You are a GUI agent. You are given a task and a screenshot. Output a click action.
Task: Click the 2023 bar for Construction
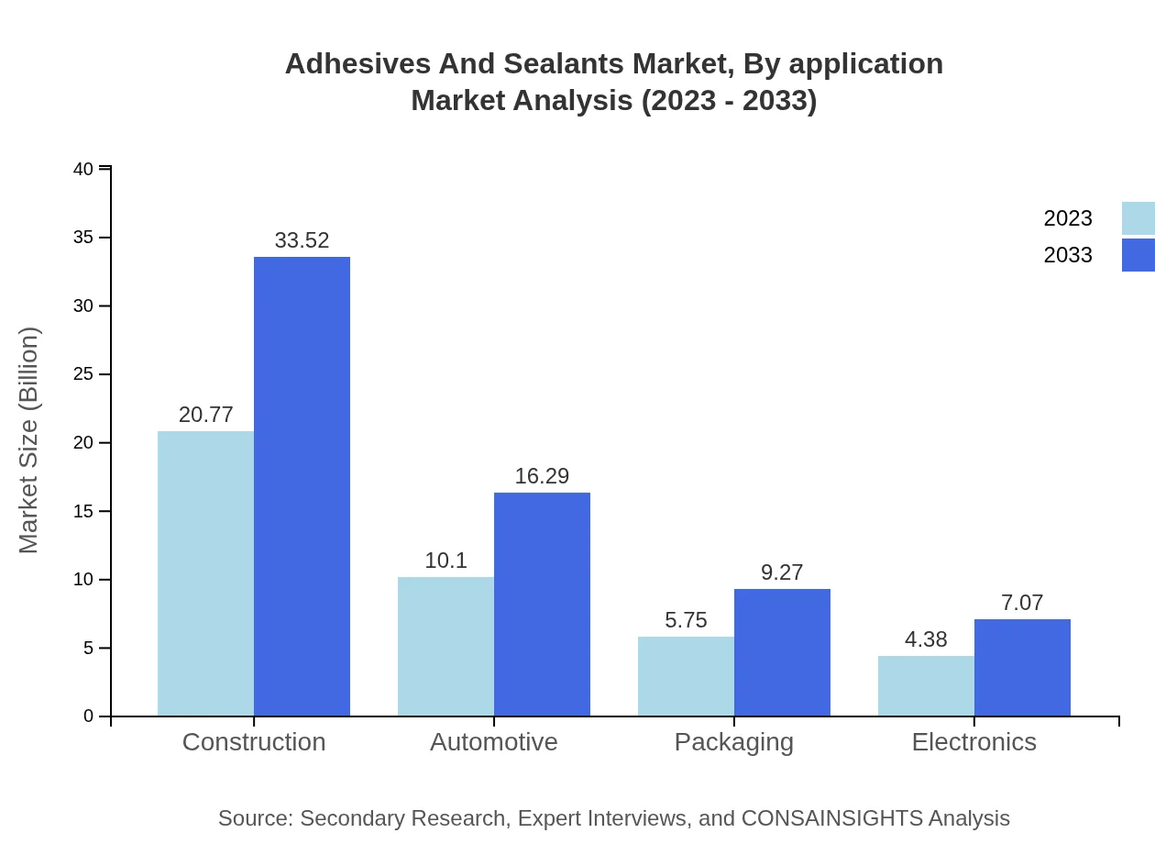tap(205, 573)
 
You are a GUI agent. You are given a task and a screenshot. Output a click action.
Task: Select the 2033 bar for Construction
tap(302, 486)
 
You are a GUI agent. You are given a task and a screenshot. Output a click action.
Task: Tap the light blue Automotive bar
tap(445, 647)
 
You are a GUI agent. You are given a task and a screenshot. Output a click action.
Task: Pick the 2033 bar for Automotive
tap(542, 604)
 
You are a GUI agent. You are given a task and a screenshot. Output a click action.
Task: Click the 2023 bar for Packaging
tap(686, 676)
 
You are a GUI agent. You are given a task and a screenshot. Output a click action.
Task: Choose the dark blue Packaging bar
tap(782, 652)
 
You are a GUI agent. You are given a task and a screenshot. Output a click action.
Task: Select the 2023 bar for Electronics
tap(926, 685)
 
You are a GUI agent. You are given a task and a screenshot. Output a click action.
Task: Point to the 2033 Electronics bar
tap(1022, 668)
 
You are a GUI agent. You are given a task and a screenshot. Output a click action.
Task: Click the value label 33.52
tap(302, 240)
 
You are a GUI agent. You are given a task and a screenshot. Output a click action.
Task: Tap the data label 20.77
tap(205, 415)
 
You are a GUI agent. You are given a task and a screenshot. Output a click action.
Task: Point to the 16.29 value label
tap(542, 476)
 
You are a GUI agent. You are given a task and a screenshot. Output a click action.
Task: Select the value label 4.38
tap(926, 639)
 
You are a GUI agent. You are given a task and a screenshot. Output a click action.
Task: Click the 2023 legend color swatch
tap(1138, 218)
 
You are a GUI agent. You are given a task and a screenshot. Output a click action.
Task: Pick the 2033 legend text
tap(1068, 255)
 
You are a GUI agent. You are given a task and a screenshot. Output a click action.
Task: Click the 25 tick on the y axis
tap(83, 374)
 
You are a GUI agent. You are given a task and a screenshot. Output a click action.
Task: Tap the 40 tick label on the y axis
tap(83, 169)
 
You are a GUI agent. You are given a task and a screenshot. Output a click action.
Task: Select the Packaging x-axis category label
tap(734, 741)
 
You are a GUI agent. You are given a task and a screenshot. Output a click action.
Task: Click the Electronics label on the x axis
tap(973, 741)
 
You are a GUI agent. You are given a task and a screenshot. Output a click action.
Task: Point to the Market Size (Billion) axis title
tap(29, 440)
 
